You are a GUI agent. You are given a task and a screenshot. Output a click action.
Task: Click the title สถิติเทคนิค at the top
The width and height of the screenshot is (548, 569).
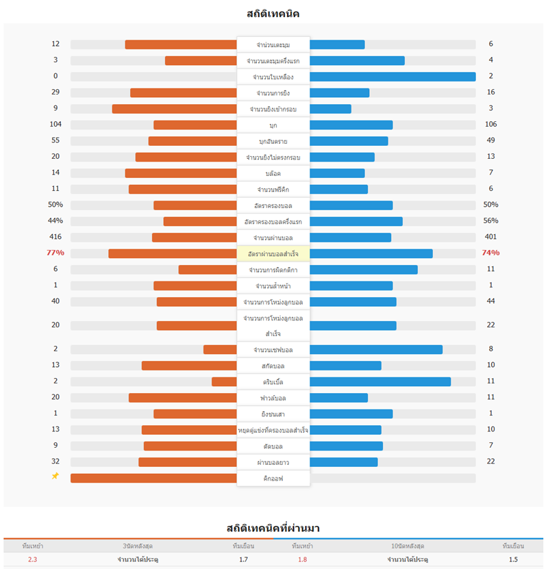(273, 14)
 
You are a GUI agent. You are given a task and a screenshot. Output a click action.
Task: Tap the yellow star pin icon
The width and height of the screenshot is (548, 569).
(55, 476)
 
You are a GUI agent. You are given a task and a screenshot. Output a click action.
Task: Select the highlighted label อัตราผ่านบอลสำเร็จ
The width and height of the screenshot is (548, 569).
(273, 253)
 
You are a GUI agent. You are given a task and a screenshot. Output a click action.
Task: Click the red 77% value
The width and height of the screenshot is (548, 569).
(55, 253)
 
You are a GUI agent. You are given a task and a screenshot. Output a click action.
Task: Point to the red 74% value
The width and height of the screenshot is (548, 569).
(490, 253)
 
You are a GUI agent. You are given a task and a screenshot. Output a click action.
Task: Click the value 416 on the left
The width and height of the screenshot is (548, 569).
(55, 237)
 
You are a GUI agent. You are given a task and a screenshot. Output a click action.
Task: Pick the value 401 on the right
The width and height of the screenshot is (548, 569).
(490, 237)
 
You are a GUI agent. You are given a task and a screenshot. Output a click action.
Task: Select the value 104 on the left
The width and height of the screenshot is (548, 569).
(55, 124)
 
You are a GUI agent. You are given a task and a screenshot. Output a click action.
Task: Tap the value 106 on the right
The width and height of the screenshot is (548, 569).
(490, 124)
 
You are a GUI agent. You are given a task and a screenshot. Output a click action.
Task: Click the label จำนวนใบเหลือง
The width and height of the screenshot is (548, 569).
(273, 77)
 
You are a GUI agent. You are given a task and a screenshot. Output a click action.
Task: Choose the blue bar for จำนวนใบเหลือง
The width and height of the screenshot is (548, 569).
(393, 77)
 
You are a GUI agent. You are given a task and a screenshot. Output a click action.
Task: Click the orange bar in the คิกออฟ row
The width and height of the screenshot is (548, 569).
(153, 478)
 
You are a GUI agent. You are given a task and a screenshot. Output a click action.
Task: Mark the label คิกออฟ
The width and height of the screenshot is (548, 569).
(273, 479)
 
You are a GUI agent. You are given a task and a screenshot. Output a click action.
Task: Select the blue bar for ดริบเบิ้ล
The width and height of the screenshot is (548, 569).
(380, 381)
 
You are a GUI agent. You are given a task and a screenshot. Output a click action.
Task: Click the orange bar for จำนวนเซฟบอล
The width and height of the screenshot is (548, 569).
(220, 349)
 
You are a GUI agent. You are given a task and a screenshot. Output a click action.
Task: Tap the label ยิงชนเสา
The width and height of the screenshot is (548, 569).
(273, 414)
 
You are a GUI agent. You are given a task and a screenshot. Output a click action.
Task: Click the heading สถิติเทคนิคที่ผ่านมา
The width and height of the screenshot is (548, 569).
(273, 528)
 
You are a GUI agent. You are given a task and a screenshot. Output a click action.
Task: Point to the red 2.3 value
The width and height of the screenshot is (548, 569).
(33, 559)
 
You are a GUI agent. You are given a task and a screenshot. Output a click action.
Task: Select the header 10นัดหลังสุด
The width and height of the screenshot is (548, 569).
(408, 546)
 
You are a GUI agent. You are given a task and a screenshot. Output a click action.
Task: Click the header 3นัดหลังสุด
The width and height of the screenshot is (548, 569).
(138, 546)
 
